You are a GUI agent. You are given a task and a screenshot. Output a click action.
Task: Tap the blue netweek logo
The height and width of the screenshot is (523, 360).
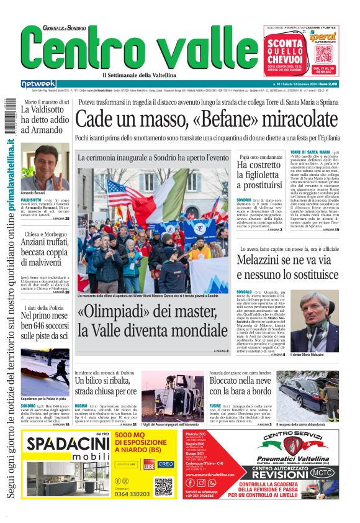38,84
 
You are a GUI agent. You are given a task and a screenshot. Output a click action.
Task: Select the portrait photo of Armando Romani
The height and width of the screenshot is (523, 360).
45,166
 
